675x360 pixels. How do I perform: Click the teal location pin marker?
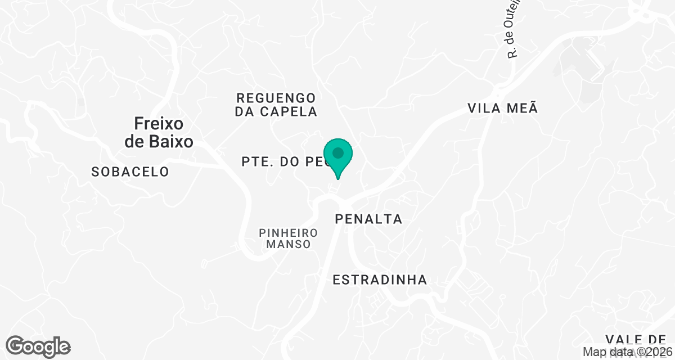point(338,158)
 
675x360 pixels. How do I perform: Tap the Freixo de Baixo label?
point(159,132)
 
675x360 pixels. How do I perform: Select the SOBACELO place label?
point(130,172)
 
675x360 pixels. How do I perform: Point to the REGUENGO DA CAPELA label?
point(276,105)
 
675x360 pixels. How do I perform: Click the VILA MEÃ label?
point(503,108)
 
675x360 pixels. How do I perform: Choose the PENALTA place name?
point(368,219)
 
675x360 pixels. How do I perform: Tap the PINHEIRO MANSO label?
point(289,238)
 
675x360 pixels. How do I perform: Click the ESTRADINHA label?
point(380,280)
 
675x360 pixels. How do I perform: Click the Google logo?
point(38,346)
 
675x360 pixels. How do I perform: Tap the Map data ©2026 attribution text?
point(628,352)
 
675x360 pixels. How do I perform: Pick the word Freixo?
point(159,123)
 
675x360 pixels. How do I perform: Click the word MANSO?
point(289,245)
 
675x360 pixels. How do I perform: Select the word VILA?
point(481,108)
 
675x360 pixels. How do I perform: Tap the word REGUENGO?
point(276,98)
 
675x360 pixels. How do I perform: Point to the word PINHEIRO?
point(289,232)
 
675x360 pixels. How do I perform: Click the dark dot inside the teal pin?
point(338,152)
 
